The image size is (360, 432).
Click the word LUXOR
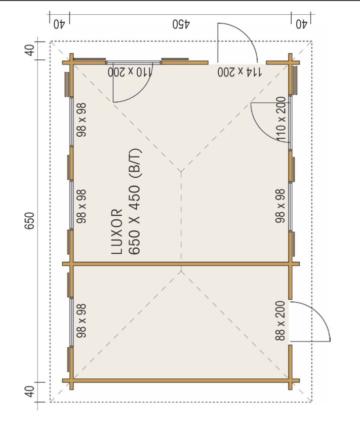click(117, 231)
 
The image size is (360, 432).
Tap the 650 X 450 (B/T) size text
click(135, 202)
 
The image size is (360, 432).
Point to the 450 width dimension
click(181, 24)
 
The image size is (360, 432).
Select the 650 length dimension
click(29, 220)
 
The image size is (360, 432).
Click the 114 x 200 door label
click(239, 72)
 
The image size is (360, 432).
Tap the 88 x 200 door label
click(280, 321)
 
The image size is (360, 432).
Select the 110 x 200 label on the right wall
click(281, 119)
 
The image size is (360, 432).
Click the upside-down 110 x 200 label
click(130, 72)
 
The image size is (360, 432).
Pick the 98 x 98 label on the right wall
click(280, 206)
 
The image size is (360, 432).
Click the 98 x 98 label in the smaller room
click(82, 321)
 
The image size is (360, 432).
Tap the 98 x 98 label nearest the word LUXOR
click(82, 206)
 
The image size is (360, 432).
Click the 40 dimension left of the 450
click(59, 24)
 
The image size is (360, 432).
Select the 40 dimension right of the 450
click(301, 24)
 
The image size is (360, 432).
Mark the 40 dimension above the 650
click(29, 50)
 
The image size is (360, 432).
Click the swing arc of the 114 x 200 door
click(247, 34)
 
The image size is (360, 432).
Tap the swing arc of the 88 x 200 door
click(319, 312)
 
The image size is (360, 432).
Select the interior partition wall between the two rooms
click(181, 264)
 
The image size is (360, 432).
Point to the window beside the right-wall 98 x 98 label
click(290, 206)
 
